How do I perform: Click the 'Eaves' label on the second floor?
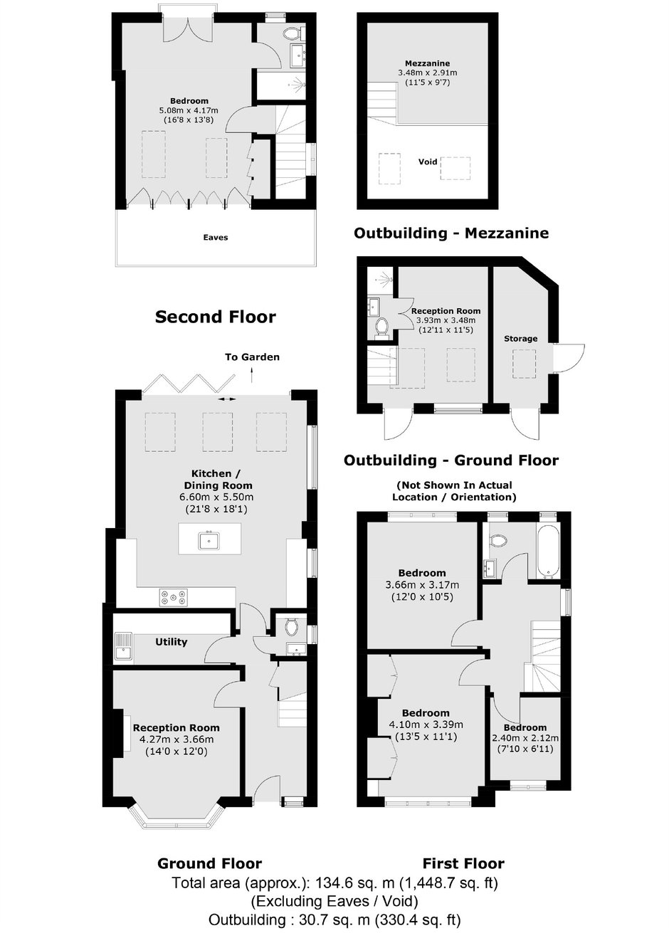coord(216,238)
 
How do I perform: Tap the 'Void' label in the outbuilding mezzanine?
coord(428,161)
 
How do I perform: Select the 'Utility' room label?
coord(172,641)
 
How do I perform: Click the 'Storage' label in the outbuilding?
coord(520,339)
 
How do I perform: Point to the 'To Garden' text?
coord(252,357)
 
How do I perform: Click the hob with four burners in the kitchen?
coord(173,597)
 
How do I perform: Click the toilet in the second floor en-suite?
coord(293,33)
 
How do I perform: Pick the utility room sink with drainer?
coord(123,647)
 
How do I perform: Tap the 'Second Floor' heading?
coord(216,317)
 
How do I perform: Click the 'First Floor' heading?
coord(463,863)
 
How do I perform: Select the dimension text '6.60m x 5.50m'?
coord(216,497)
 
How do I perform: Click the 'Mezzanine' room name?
coord(428,63)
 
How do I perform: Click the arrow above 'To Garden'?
coord(252,374)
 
